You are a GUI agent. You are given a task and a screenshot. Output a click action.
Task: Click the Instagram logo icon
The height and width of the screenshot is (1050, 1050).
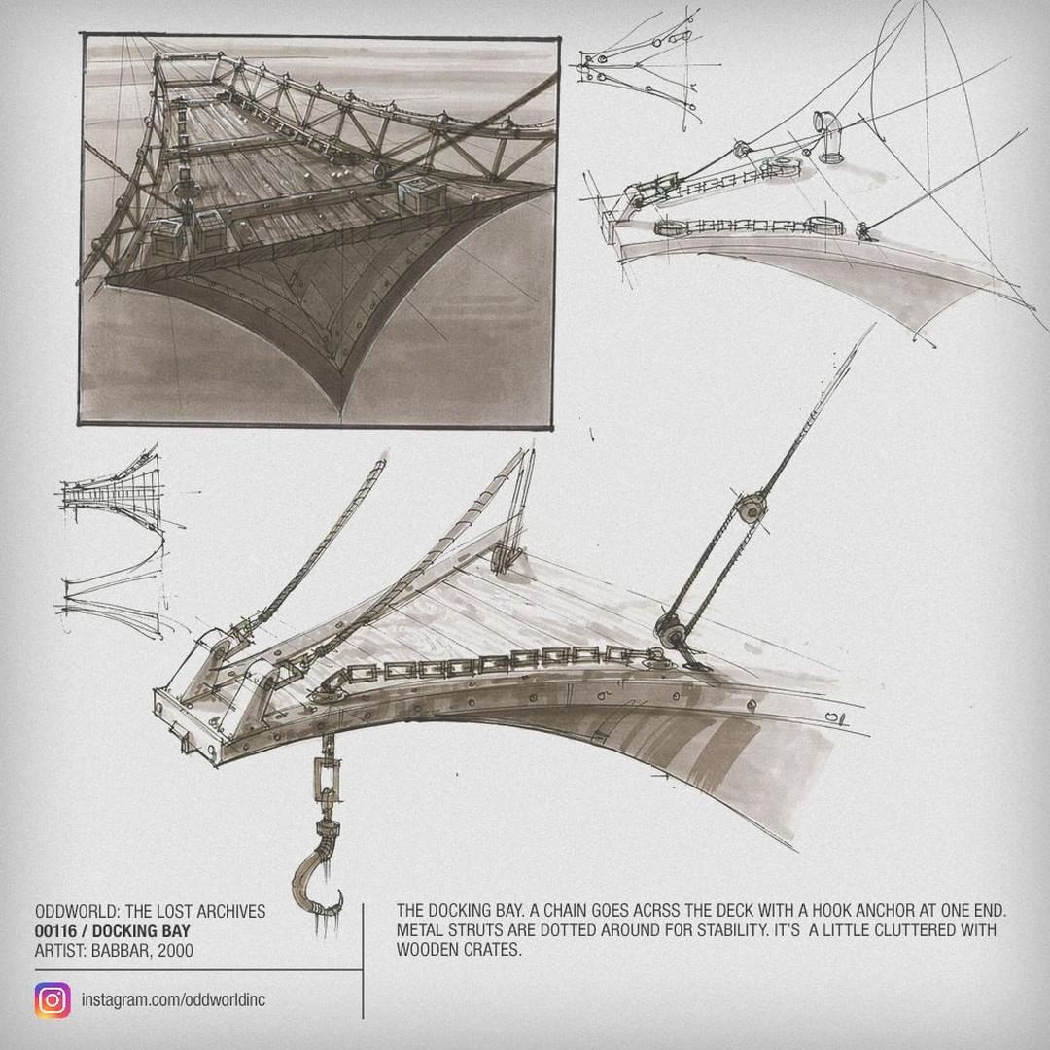pos(52,999)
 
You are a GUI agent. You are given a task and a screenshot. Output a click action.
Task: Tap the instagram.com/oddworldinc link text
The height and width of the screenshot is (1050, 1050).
pos(173,999)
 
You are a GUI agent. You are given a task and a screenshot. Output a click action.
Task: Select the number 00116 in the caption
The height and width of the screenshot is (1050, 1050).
pos(55,930)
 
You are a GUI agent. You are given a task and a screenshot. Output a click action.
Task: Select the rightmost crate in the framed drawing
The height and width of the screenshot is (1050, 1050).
pos(421,194)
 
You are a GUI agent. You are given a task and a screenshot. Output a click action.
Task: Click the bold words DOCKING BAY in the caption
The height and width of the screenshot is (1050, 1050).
pos(141,930)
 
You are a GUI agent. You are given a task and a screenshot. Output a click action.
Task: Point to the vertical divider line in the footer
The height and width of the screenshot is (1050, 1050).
pos(363,961)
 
